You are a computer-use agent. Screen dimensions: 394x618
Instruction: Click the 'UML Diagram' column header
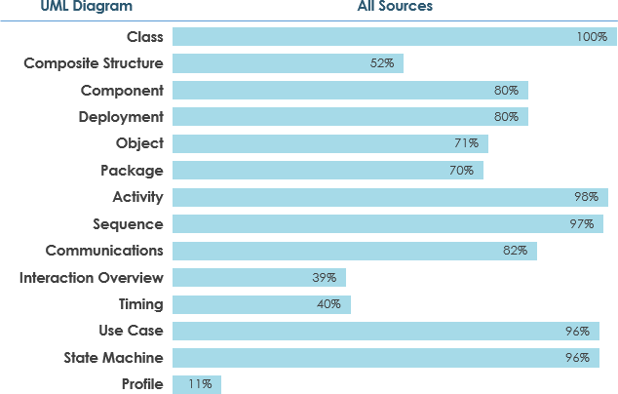(60, 6)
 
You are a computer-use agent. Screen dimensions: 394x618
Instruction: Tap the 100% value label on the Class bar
(592, 37)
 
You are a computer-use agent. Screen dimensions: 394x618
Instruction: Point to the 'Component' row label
(122, 91)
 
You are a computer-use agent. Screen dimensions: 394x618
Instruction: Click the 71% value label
(466, 143)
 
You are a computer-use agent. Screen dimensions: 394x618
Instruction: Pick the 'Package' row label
(132, 171)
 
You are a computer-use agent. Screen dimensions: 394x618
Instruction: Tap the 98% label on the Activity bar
(586, 197)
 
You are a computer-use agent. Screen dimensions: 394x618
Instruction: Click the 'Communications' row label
(104, 251)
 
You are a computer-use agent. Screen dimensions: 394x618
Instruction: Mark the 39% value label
(325, 278)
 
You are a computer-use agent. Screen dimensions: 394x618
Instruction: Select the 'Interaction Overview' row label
(92, 278)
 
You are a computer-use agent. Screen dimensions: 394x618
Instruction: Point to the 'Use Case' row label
(131, 331)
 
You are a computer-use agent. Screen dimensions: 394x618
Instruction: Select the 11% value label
(201, 384)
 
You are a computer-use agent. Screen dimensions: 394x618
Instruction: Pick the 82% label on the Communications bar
(515, 251)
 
